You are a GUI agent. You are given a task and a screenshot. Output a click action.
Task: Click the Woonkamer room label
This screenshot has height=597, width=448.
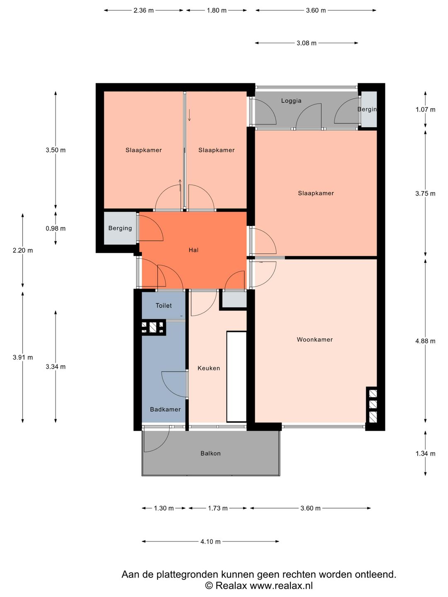[314, 340]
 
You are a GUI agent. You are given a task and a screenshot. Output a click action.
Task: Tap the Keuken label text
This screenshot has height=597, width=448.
[209, 368]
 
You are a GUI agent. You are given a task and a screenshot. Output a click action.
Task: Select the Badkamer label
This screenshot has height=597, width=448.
[165, 409]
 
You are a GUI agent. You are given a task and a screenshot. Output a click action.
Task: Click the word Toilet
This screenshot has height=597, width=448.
[163, 306]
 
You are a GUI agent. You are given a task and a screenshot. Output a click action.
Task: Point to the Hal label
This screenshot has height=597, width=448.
[193, 250]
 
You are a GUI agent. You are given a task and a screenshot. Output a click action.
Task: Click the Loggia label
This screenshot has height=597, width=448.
[291, 101]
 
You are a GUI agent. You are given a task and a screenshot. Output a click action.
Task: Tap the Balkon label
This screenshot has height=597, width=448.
[210, 454]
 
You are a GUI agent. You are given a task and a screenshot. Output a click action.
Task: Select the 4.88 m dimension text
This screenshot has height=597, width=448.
[425, 341]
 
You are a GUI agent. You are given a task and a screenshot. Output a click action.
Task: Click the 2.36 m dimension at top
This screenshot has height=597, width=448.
[144, 10]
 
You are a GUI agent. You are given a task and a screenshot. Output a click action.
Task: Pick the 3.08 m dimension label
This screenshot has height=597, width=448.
[306, 43]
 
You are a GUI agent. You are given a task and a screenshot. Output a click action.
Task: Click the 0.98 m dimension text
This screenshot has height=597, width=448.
[56, 228]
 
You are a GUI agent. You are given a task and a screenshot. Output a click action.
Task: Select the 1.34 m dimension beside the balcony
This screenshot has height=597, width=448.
[425, 454]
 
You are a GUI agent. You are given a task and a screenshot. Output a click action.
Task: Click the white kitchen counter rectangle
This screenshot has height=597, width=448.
[236, 377]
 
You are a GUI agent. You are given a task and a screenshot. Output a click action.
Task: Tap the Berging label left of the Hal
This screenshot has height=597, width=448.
[120, 228]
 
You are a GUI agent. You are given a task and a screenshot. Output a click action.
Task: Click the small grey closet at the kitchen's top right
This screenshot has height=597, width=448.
[234, 299]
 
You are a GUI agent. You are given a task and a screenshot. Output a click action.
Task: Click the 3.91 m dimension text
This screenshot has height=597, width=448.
[22, 357]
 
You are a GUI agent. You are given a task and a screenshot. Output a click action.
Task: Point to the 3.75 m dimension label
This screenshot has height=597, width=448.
[425, 193]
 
